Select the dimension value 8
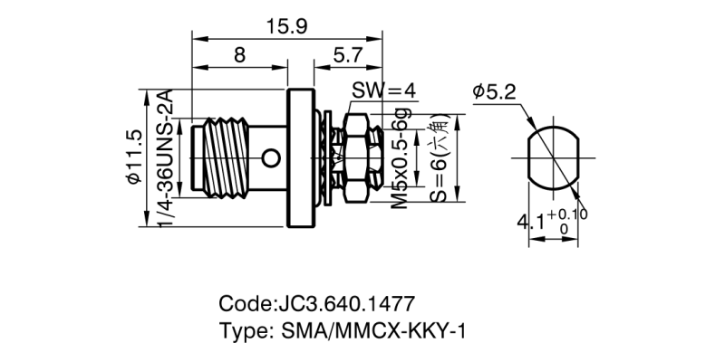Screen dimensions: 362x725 (238, 55)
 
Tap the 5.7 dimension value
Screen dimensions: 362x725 (348, 55)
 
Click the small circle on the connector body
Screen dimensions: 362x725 (269, 160)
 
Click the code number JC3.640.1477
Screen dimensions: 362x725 (343, 301)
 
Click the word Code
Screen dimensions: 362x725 (244, 301)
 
